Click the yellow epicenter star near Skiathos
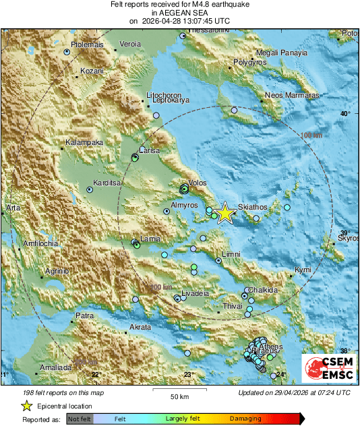click(224, 214)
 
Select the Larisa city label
click(149, 150)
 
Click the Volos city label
click(198, 182)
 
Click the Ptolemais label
click(87, 44)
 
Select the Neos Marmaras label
click(291, 96)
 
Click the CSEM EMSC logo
click(328, 369)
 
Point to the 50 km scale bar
click(178, 390)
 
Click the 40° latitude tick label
click(345, 113)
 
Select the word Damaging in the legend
click(241, 419)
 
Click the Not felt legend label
click(78, 419)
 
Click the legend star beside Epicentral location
click(26, 406)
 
